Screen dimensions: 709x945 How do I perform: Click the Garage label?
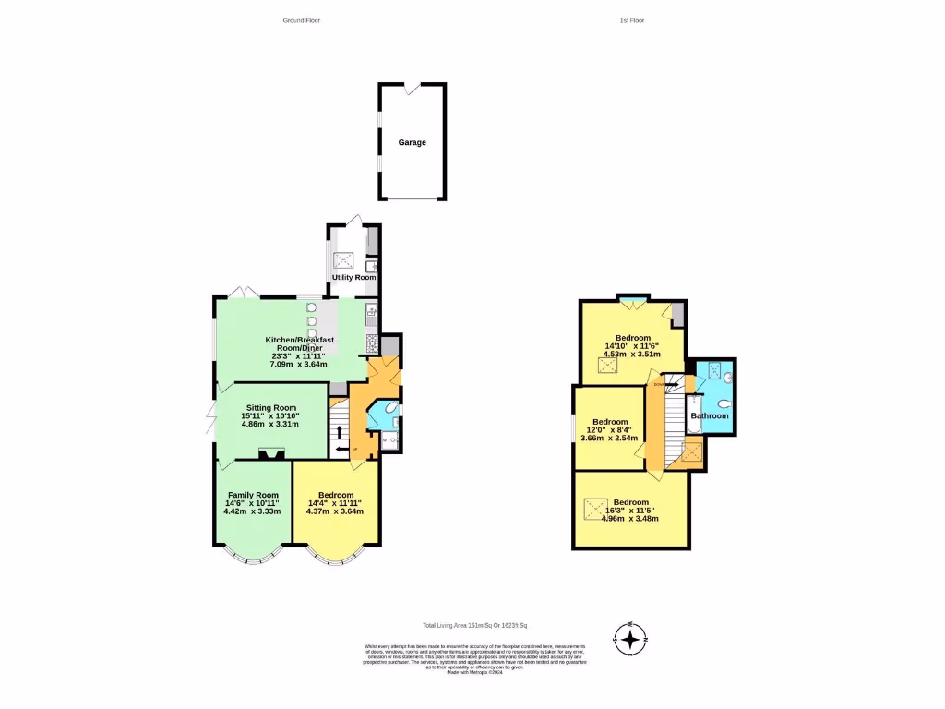(x=412, y=142)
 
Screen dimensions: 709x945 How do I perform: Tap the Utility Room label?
(x=353, y=277)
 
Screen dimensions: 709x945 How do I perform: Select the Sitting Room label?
(x=270, y=407)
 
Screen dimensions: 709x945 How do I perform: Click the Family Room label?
(x=253, y=494)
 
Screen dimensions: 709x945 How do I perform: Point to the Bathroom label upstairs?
(x=711, y=415)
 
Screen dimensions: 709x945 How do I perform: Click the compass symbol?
(x=631, y=638)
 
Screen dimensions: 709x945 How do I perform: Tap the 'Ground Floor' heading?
(x=301, y=19)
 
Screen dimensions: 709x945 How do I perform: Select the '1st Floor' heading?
(x=632, y=19)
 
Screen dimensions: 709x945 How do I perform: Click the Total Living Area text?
(x=474, y=625)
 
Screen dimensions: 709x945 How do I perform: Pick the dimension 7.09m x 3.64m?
(x=298, y=364)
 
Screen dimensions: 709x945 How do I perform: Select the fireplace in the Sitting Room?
(x=271, y=452)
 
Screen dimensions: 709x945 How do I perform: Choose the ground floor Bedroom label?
(x=334, y=495)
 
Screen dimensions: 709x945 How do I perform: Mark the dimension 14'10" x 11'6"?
(x=632, y=344)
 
